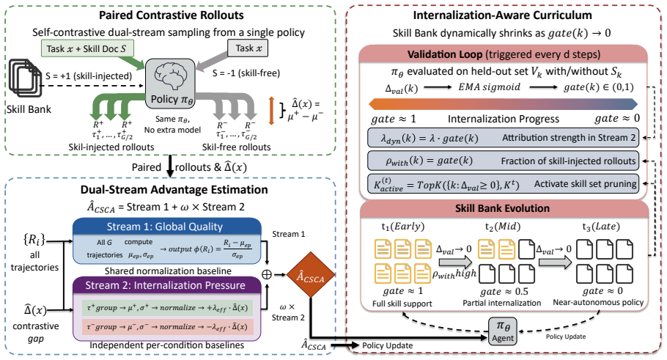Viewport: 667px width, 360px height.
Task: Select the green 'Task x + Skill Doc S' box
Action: click(87, 48)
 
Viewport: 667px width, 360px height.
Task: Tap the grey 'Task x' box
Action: click(248, 48)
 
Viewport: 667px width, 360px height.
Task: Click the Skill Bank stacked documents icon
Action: click(26, 80)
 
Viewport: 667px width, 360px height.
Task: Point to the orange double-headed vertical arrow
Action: click(271, 111)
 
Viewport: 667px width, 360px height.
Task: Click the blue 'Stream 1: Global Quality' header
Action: click(167, 227)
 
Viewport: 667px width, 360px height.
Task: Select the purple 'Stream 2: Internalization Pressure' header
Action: click(167, 285)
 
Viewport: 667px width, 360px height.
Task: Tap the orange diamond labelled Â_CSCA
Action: click(311, 275)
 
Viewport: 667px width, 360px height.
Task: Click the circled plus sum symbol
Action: click(267, 275)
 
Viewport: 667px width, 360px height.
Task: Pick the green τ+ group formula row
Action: click(167, 308)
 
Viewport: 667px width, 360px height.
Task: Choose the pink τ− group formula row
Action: click(167, 327)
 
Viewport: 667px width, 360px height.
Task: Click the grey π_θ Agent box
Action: click(503, 331)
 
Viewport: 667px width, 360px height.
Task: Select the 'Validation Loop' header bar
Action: click(504, 54)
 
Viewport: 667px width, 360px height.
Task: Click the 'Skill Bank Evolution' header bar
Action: click(504, 208)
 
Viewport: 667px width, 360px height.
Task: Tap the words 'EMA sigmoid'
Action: click(489, 87)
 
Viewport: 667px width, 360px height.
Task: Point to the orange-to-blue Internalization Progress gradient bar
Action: click(504, 104)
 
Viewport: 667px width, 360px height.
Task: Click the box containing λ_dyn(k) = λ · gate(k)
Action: click(504, 138)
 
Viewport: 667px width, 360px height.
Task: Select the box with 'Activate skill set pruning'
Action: click(504, 184)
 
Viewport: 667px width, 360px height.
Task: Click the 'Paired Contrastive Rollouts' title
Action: click(172, 15)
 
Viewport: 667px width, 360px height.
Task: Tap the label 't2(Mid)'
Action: click(503, 227)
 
